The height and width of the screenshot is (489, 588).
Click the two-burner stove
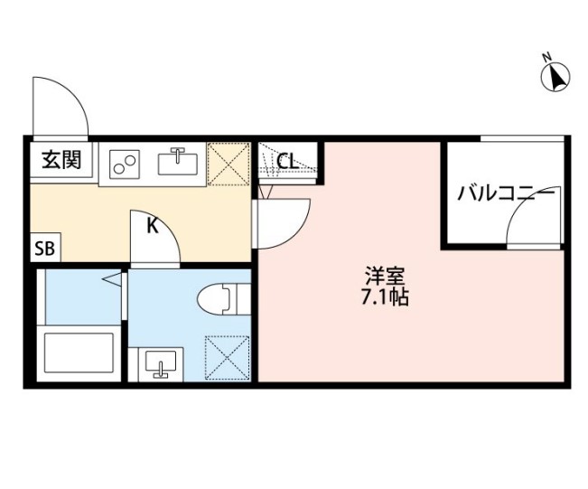[126, 164]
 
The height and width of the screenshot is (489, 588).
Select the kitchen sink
[178, 164]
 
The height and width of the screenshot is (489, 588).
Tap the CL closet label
[288, 163]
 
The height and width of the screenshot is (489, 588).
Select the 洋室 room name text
[379, 275]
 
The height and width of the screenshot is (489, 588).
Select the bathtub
[79, 353]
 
